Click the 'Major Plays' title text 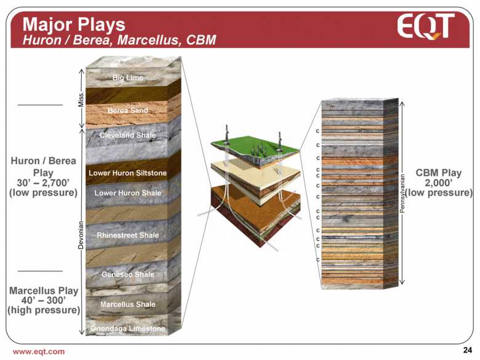74,24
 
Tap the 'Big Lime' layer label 128,78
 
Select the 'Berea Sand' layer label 127,111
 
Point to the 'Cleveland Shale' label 127,135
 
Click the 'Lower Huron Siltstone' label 127,173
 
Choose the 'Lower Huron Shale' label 127,193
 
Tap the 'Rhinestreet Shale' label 127,235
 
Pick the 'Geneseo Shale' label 127,274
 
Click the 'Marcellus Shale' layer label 127,304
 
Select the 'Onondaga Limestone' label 127,329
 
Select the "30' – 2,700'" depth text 43,182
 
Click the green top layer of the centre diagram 252,148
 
